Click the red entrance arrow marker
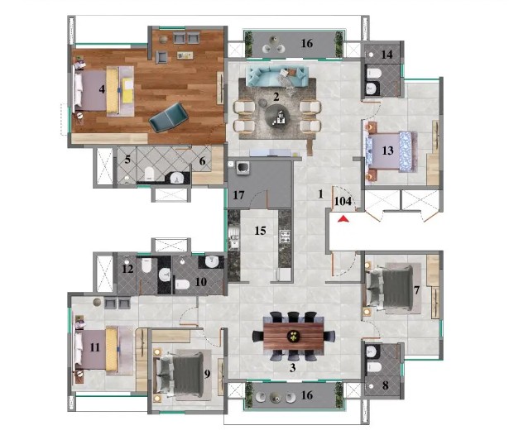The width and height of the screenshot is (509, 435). pyautogui.click(x=343, y=219)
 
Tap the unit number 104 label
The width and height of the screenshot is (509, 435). pyautogui.click(x=343, y=202)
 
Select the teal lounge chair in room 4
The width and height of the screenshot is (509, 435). pyautogui.click(x=169, y=117)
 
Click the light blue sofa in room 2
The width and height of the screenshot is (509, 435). pyautogui.click(x=277, y=77)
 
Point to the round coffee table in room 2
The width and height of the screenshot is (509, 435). pyautogui.click(x=276, y=117)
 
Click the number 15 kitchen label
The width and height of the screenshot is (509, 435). pyautogui.click(x=261, y=231)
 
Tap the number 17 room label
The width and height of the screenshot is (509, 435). pyautogui.click(x=238, y=195)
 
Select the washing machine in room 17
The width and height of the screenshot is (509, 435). pyautogui.click(x=242, y=168)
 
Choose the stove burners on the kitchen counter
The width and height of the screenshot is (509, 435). pyautogui.click(x=285, y=237)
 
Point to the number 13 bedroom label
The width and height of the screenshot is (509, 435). pyautogui.click(x=387, y=151)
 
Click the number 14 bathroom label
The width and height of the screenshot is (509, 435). pyautogui.click(x=387, y=55)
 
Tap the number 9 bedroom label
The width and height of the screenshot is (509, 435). pyautogui.click(x=207, y=374)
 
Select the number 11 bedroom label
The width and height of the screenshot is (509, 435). pyautogui.click(x=95, y=347)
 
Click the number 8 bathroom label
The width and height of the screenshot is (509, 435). pyautogui.click(x=386, y=385)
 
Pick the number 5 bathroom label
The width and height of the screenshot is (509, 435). pyautogui.click(x=127, y=160)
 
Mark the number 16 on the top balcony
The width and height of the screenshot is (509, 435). pyautogui.click(x=307, y=43)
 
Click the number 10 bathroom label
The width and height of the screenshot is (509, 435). pyautogui.click(x=201, y=281)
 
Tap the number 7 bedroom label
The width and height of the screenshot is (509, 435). pyautogui.click(x=417, y=290)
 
